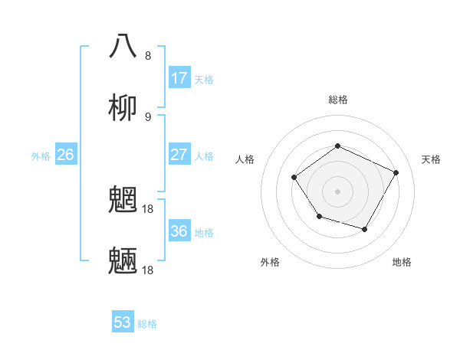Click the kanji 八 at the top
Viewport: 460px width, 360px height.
pyautogui.click(x=123, y=46)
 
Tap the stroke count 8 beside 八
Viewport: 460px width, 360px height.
pyautogui.click(x=148, y=56)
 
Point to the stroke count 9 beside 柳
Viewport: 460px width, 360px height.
pyautogui.click(x=148, y=117)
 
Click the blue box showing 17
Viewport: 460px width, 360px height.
pyautogui.click(x=179, y=78)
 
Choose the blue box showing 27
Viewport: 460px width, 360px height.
pyautogui.click(x=179, y=155)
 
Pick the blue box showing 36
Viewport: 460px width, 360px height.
pyautogui.click(x=179, y=231)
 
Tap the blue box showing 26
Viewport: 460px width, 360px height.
pyautogui.click(x=66, y=155)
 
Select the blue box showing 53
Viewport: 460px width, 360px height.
pyautogui.click(x=123, y=322)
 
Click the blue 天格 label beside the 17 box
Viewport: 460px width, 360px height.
pyautogui.click(x=204, y=79)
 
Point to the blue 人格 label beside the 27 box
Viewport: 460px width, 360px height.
pyautogui.click(x=204, y=155)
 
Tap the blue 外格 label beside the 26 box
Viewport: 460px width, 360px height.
pyautogui.click(x=41, y=155)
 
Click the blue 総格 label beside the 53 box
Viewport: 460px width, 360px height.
pyautogui.click(x=147, y=323)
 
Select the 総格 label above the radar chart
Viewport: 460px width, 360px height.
pyautogui.click(x=337, y=100)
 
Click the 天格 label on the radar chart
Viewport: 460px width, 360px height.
pyautogui.click(x=431, y=159)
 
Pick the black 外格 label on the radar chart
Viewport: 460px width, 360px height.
pyautogui.click(x=270, y=262)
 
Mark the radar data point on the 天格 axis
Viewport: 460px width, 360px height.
pyautogui.click(x=396, y=172)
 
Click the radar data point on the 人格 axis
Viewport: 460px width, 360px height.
pyautogui.click(x=294, y=178)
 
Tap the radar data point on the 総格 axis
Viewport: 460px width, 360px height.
pyautogui.click(x=337, y=146)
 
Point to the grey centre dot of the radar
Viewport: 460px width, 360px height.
pyautogui.click(x=337, y=191)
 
